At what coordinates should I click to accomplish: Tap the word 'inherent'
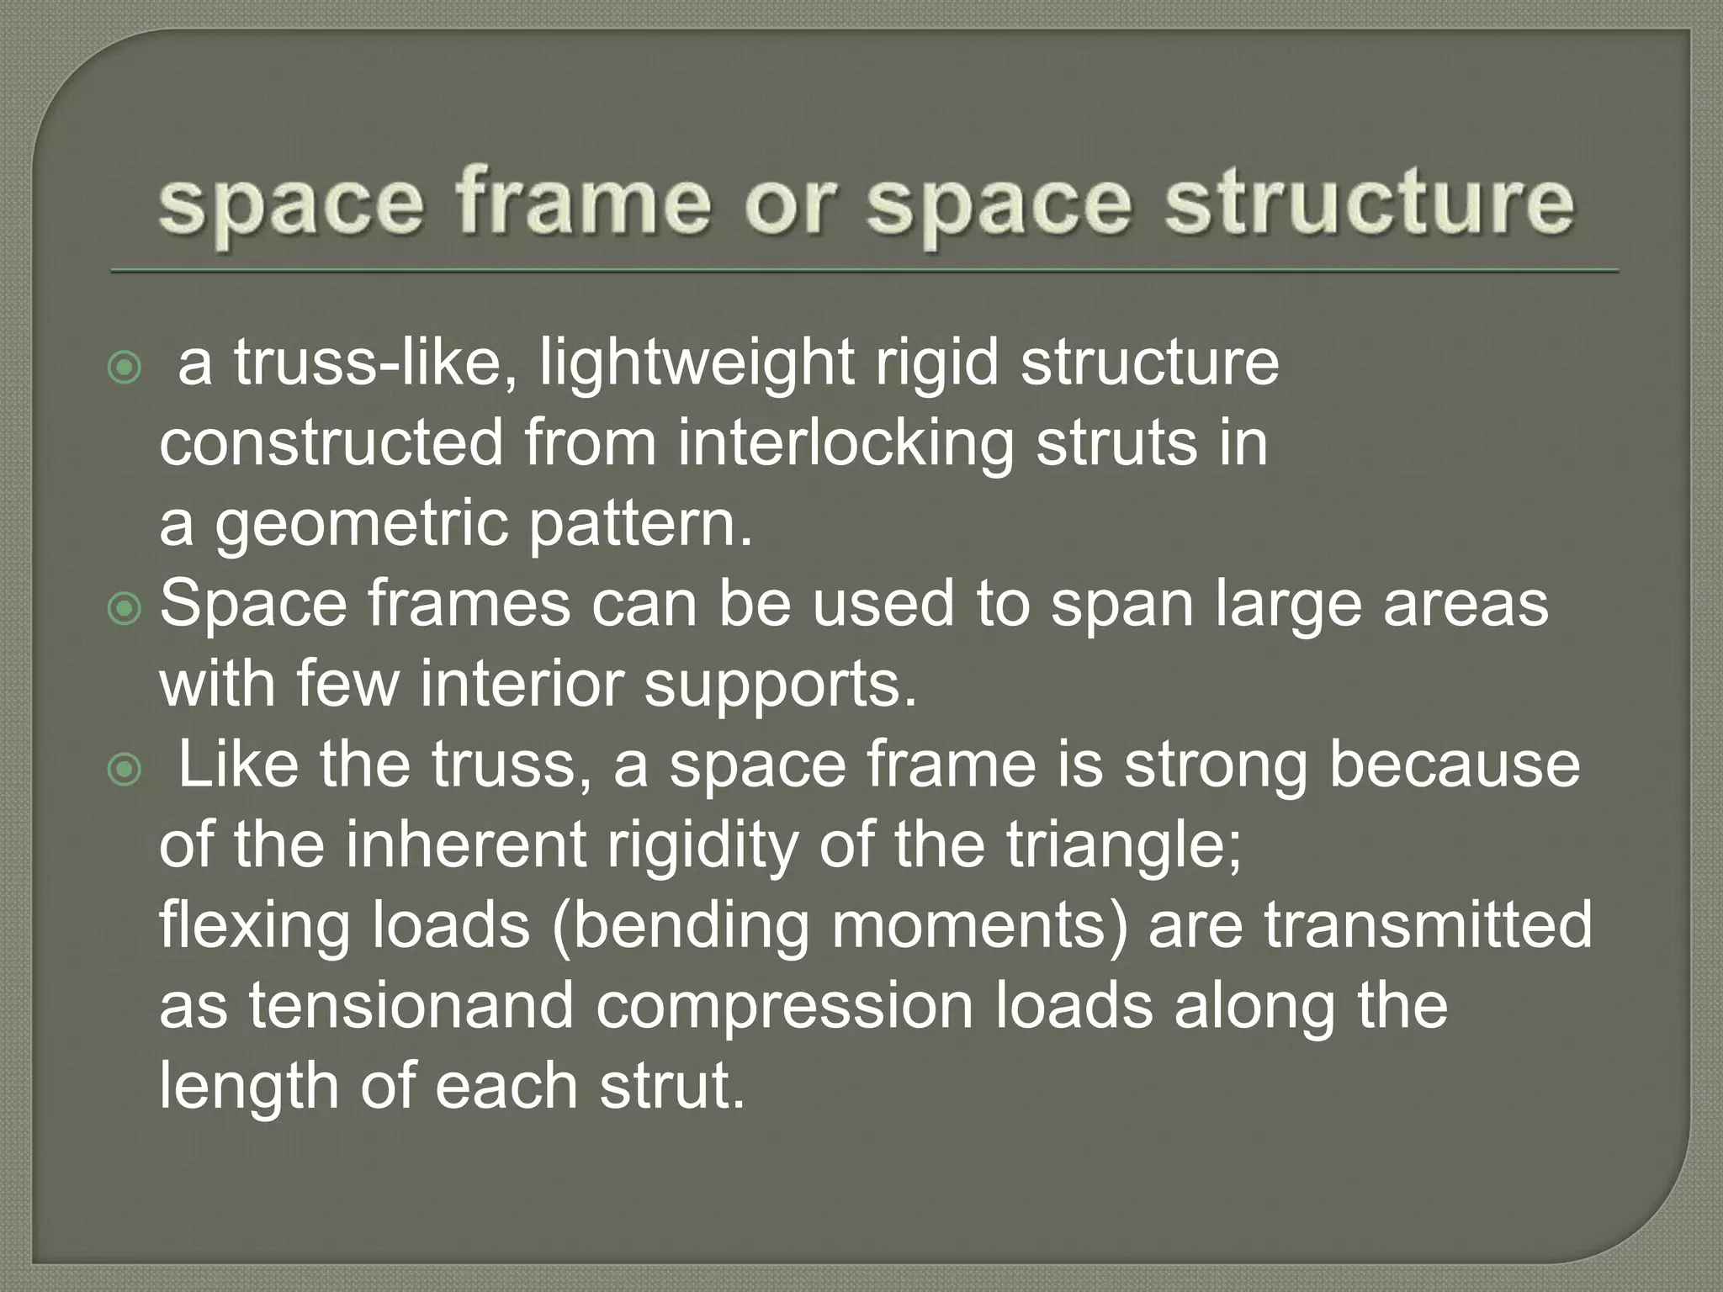click(465, 845)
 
